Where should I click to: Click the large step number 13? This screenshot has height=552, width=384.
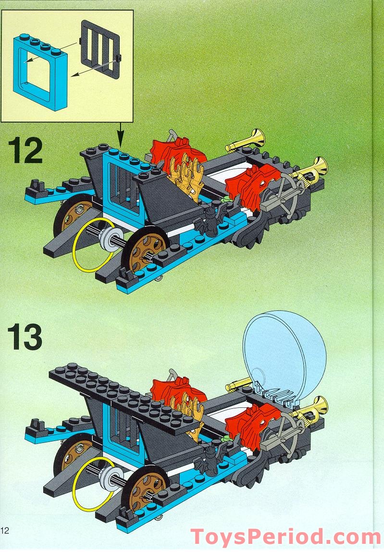pos(25,337)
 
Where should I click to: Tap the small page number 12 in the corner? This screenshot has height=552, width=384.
pos(5,530)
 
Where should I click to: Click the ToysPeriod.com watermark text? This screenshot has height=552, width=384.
pos(285,537)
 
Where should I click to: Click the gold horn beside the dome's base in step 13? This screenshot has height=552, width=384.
pos(239,383)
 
